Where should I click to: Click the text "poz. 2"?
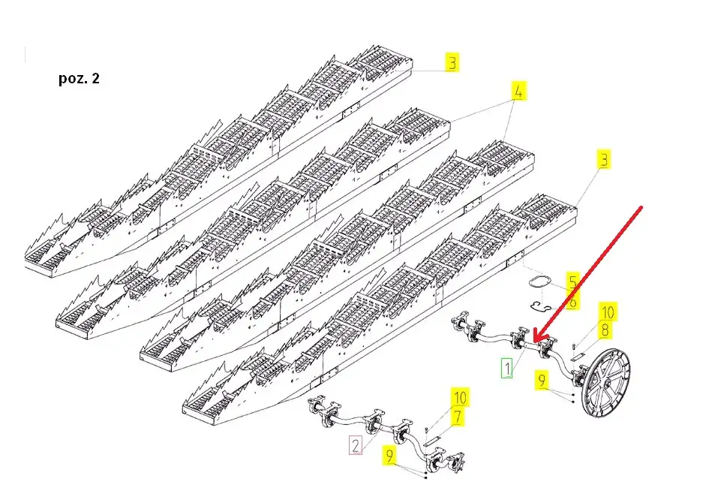79,78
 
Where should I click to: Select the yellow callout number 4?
518,91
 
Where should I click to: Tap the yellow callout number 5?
572,282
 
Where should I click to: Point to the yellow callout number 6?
572,302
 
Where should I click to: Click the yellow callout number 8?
605,330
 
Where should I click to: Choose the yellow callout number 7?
458,417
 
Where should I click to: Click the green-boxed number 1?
506,368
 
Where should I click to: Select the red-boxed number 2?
356,445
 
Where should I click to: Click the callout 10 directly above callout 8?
608,312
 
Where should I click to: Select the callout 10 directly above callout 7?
460,397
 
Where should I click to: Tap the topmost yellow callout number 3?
452,62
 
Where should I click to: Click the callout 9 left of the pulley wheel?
542,381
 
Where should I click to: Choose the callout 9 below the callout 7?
390,456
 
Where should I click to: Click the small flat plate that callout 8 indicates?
578,356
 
